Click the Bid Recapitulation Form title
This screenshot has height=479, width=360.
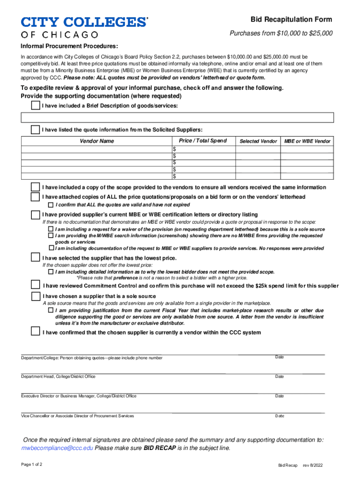pos(291,20)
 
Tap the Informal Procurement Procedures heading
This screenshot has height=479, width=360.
pos(69,47)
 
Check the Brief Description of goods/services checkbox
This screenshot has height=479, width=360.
pos(35,105)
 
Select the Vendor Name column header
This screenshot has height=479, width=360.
pos(97,141)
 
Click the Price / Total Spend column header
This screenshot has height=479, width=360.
pos(202,141)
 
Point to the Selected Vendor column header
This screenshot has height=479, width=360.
pos(258,141)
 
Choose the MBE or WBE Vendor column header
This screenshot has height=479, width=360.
pos(307,141)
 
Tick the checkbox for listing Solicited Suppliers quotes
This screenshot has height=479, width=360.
pos(35,130)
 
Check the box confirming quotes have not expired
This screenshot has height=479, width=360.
pos(51,205)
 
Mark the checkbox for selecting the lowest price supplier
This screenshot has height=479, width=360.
pos(35,257)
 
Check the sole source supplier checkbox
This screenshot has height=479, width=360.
pos(35,296)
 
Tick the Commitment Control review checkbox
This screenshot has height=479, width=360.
pos(35,285)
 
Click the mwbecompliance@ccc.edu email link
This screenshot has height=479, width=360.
pos(58,448)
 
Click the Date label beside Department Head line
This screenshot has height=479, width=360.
pos(280,377)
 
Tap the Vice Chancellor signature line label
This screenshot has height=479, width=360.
pos(77,416)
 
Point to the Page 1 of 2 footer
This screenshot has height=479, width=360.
pos(32,464)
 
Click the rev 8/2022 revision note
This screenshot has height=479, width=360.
pos(313,466)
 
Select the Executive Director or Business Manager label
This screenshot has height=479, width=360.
pos(79,396)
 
